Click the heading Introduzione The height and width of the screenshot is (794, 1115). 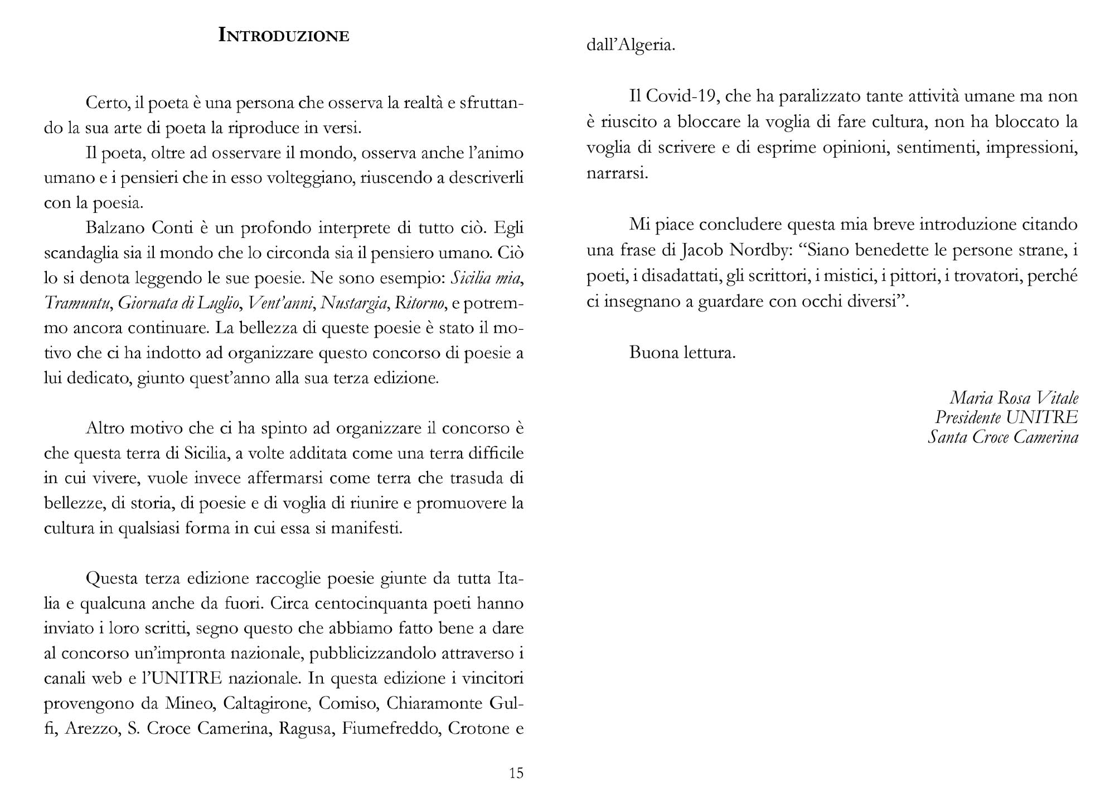pyautogui.click(x=284, y=35)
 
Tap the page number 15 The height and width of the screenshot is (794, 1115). pyautogui.click(x=516, y=773)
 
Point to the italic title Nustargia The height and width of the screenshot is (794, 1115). pyautogui.click(x=355, y=303)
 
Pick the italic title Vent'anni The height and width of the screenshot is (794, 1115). pyautogui.click(x=280, y=303)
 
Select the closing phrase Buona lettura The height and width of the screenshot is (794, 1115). pyautogui.click(x=682, y=353)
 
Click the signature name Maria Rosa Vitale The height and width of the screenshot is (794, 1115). pyautogui.click(x=1014, y=398)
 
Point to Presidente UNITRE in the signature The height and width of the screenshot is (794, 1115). pyautogui.click(x=1006, y=417)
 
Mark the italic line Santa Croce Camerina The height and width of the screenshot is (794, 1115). pyautogui.click(x=1002, y=437)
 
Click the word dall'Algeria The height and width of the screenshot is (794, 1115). pyautogui.click(x=631, y=45)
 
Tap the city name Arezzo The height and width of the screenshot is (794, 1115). pyautogui.click(x=91, y=729)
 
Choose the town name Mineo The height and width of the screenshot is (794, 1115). pyautogui.click(x=189, y=704)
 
